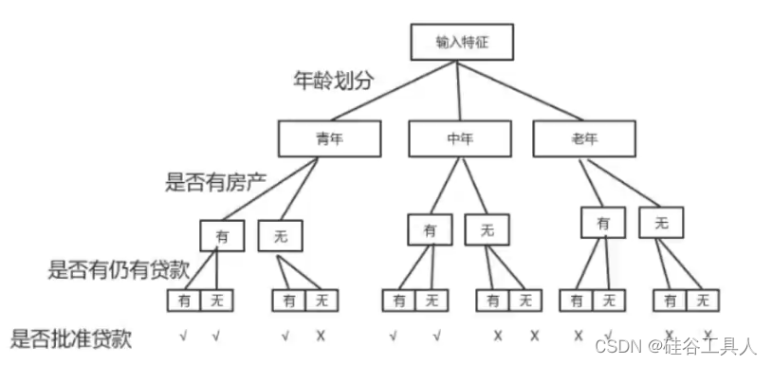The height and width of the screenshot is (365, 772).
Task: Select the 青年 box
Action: click(x=328, y=139)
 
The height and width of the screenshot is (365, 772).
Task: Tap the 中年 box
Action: click(x=459, y=139)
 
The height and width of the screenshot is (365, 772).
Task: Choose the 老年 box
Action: click(x=582, y=139)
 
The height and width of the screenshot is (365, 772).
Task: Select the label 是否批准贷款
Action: click(x=71, y=336)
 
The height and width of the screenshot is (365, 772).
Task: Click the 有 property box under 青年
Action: click(x=222, y=235)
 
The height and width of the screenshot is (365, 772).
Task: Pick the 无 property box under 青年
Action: click(x=281, y=235)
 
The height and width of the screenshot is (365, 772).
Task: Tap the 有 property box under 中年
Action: click(x=431, y=228)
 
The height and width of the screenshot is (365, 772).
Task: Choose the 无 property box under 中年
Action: click(x=487, y=228)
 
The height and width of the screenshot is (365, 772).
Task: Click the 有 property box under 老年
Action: click(x=604, y=222)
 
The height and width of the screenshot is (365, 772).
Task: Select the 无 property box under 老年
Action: click(x=662, y=222)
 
